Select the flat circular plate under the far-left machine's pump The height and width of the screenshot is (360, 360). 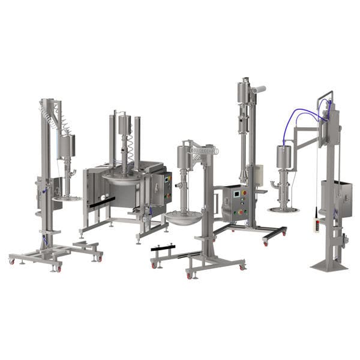67,197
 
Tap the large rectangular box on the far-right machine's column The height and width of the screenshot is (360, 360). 335,199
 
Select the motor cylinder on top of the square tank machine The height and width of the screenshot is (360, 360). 125,124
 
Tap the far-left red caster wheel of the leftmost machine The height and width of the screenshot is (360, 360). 11,261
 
